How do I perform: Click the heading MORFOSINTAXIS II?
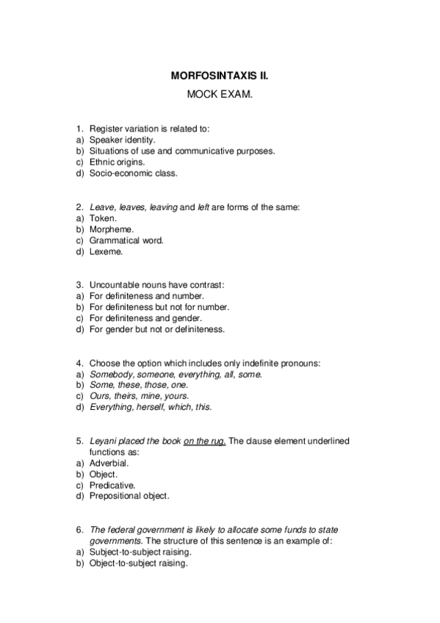tap(219, 76)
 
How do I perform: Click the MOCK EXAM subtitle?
tap(219, 96)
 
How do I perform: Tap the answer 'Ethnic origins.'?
tap(117, 162)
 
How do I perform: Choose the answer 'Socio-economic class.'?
tap(133, 173)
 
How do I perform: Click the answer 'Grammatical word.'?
tap(126, 240)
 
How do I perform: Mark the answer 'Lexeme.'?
tap(107, 251)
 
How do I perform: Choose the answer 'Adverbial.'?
tap(109, 463)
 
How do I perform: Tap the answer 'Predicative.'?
tap(112, 485)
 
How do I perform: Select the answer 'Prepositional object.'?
tap(129, 496)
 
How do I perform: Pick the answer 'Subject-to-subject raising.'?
tap(140, 552)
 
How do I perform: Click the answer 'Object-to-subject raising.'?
tap(138, 563)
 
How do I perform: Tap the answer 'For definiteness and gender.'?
tap(146, 318)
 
